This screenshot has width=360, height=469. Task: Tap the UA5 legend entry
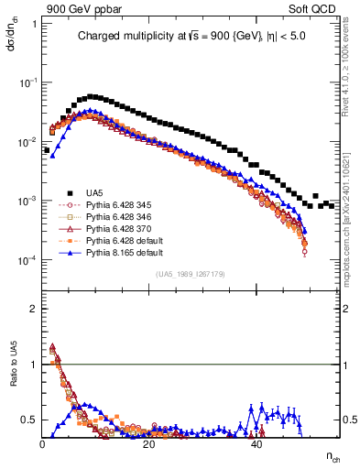tap(94, 191)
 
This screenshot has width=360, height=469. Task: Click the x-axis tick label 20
tap(150, 443)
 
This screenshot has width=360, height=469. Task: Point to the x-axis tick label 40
tap(257, 443)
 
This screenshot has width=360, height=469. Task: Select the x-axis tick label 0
tap(43, 443)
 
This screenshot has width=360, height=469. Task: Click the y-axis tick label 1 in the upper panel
tap(34, 23)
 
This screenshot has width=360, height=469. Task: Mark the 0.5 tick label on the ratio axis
tap(30, 420)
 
